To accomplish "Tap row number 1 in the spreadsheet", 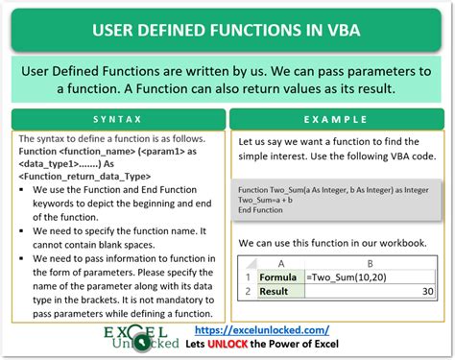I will click(x=248, y=276).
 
